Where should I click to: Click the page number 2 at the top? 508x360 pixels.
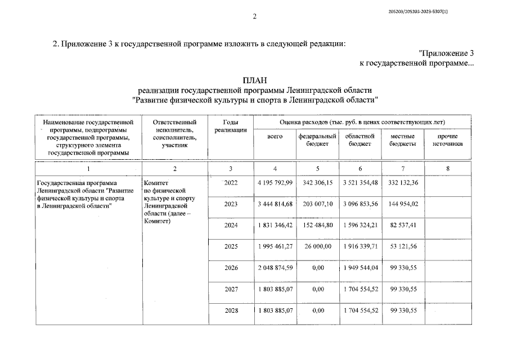[x=254, y=16]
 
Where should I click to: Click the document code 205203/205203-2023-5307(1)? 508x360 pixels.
[x=419, y=11]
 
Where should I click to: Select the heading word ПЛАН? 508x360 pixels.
[x=254, y=80]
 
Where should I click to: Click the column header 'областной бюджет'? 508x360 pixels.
[x=360, y=140]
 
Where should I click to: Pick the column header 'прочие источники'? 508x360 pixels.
[x=447, y=140]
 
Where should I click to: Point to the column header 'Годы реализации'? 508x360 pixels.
[x=231, y=126]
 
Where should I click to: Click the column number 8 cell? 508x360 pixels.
[x=447, y=169]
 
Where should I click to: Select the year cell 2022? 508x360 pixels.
[x=231, y=183]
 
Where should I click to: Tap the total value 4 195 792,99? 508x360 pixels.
[x=275, y=183]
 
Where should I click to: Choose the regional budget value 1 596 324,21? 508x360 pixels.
[x=360, y=226]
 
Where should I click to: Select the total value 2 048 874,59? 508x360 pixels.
[x=275, y=268]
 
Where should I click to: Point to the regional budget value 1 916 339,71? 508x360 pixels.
[x=360, y=247]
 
